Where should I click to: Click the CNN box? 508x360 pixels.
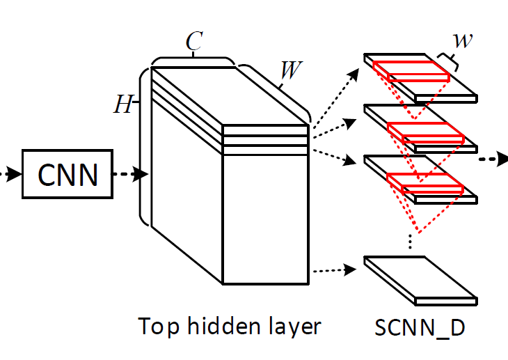(68, 174)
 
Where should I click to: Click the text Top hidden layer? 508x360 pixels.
(229, 326)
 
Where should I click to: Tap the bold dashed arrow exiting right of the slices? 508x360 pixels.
(493, 159)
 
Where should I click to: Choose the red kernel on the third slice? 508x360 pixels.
(424, 182)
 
